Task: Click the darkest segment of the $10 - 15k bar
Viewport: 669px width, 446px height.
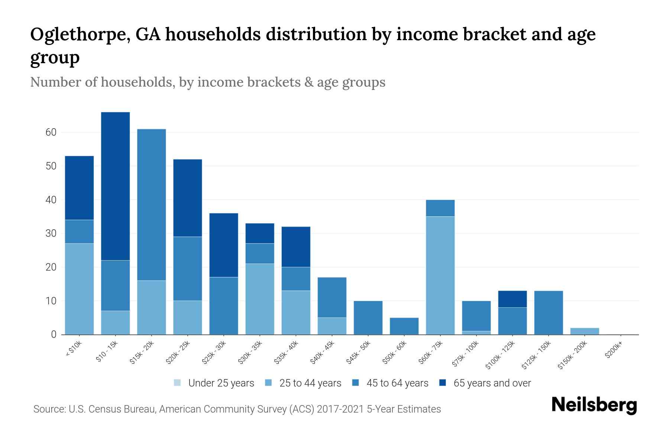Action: pyautogui.click(x=115, y=186)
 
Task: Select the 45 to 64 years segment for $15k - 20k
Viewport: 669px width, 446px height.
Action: pyautogui.click(x=151, y=204)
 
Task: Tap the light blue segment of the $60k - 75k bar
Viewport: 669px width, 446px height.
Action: pyautogui.click(x=440, y=275)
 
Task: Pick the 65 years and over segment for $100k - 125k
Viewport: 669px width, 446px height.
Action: pyautogui.click(x=512, y=299)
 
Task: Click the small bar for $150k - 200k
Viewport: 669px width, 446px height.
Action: pyautogui.click(x=584, y=331)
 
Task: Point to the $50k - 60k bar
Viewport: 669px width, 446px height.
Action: pyautogui.click(x=404, y=326)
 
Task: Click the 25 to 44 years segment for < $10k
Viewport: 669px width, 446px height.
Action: pyautogui.click(x=79, y=289)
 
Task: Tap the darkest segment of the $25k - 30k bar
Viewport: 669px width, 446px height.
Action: pyautogui.click(x=224, y=245)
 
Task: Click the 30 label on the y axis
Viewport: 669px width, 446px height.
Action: pyautogui.click(x=51, y=233)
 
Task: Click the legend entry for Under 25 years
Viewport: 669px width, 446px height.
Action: pyautogui.click(x=214, y=383)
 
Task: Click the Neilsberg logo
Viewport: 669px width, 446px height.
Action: pyautogui.click(x=594, y=405)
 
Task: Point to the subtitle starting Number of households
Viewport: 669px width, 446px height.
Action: pyautogui.click(x=207, y=82)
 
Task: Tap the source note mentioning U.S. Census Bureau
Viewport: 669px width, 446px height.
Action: pyautogui.click(x=237, y=409)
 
